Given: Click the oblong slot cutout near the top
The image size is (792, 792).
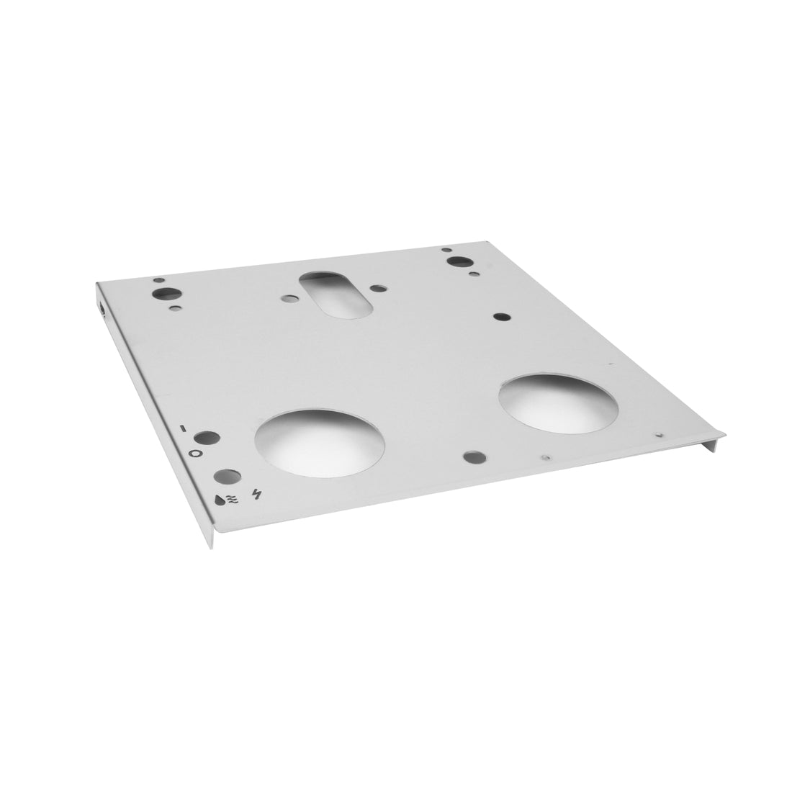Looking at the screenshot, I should tap(335, 293).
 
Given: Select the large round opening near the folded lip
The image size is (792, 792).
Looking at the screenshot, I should tap(557, 402).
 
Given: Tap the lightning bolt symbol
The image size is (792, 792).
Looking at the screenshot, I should tap(257, 494).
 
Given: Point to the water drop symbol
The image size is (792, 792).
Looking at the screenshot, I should tap(219, 498).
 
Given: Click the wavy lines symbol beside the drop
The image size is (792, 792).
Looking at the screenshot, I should tap(232, 498).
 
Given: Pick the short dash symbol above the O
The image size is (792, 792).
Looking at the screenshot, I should tap(184, 428).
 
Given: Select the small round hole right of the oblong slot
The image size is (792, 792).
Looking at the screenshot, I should tap(377, 289).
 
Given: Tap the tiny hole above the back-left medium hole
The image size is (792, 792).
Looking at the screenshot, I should tap(159, 279).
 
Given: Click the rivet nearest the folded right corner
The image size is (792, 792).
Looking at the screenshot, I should tap(659, 434).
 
